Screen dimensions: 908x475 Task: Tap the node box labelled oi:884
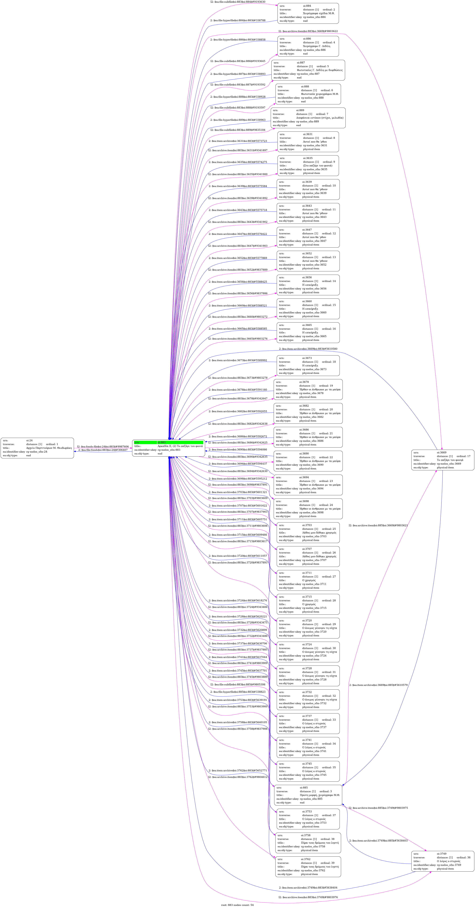tap(308, 13)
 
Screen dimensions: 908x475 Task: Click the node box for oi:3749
tap(443, 861)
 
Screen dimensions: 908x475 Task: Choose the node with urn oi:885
tap(308, 795)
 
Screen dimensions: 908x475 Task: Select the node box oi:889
tap(308, 118)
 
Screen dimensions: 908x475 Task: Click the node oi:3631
tap(308, 142)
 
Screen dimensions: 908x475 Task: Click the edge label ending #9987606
tap(103, 447)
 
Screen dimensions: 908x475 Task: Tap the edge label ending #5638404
tap(308, 888)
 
